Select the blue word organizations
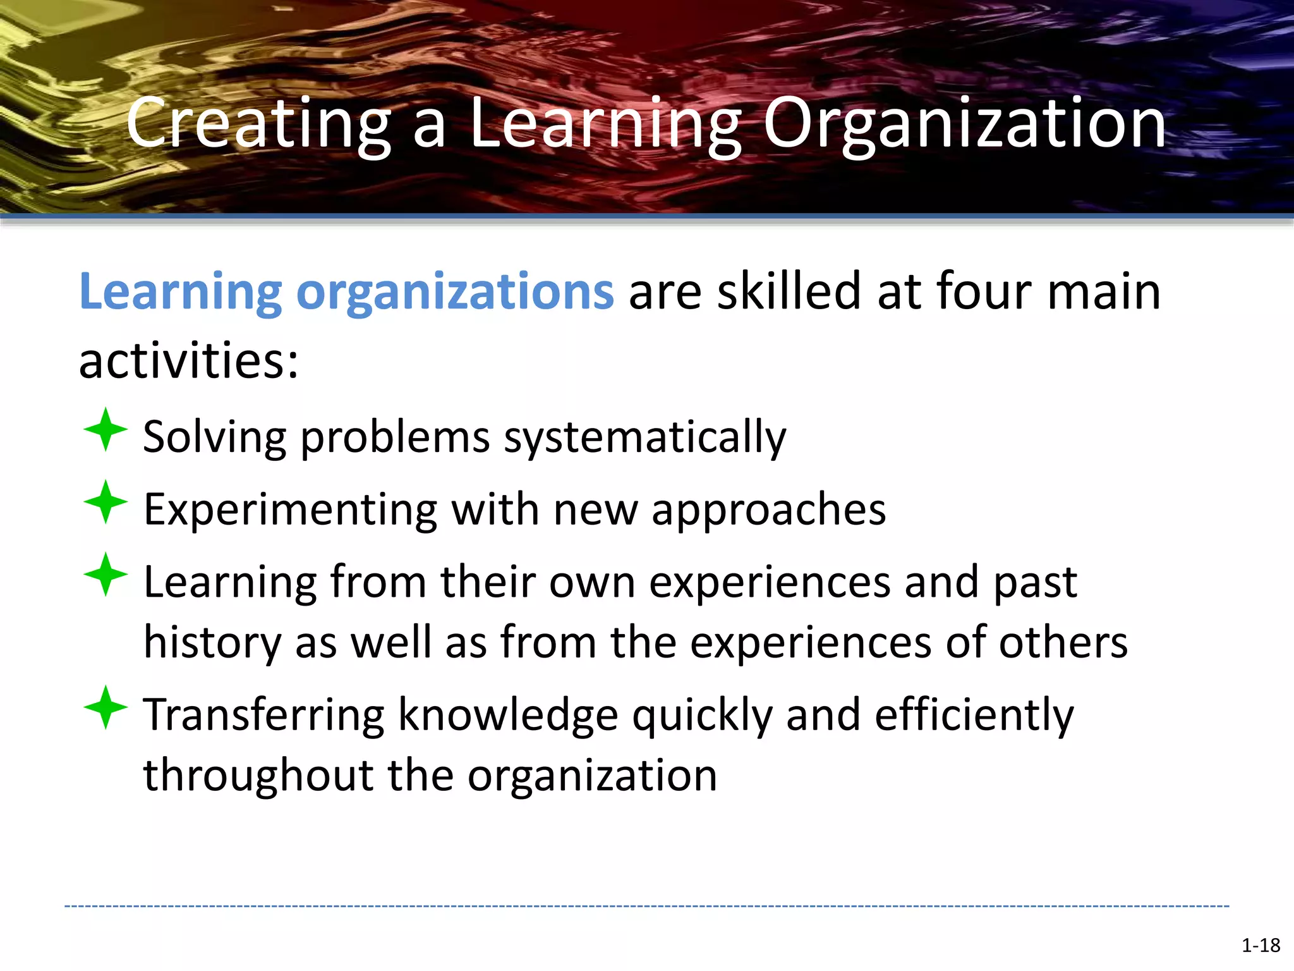(x=455, y=292)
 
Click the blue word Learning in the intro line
(x=180, y=292)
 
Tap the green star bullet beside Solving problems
(x=106, y=430)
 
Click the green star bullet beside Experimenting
(x=106, y=502)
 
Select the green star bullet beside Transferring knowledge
(x=106, y=707)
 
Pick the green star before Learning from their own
(x=106, y=575)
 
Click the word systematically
(x=644, y=437)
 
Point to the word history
(x=212, y=643)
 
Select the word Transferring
(x=263, y=715)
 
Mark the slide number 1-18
(x=1261, y=946)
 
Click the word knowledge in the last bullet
(x=508, y=715)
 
